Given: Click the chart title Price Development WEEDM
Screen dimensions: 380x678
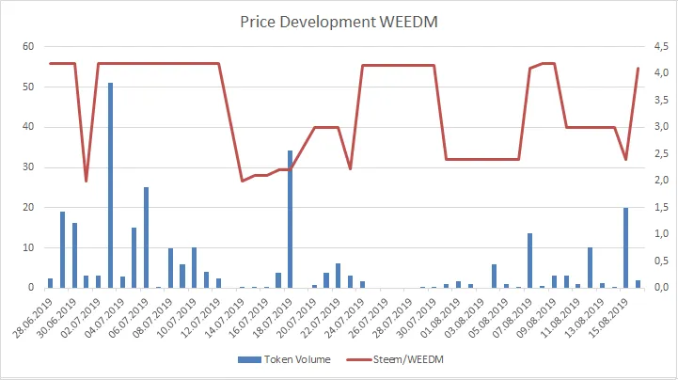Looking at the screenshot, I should [x=339, y=21].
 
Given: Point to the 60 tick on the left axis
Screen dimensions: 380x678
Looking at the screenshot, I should [x=28, y=47].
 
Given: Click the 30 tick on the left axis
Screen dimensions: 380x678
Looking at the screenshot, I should [x=28, y=167].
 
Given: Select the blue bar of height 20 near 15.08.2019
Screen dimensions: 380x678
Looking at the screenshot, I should [x=625, y=247].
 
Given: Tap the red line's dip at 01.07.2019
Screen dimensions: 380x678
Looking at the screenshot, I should [x=86, y=181].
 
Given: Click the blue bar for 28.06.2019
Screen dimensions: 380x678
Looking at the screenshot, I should [x=50, y=282].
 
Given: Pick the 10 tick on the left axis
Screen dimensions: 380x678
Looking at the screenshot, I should [x=28, y=247].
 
